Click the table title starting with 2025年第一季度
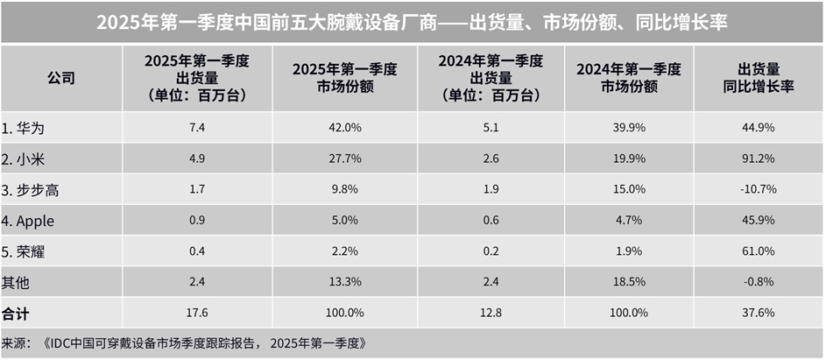(x=412, y=22)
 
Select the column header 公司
(x=61, y=78)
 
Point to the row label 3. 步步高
(x=29, y=189)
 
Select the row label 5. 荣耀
(x=24, y=251)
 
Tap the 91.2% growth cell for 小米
(x=759, y=159)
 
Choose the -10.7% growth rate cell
(x=758, y=189)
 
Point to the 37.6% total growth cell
(x=759, y=313)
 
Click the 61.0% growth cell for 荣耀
(x=759, y=251)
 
